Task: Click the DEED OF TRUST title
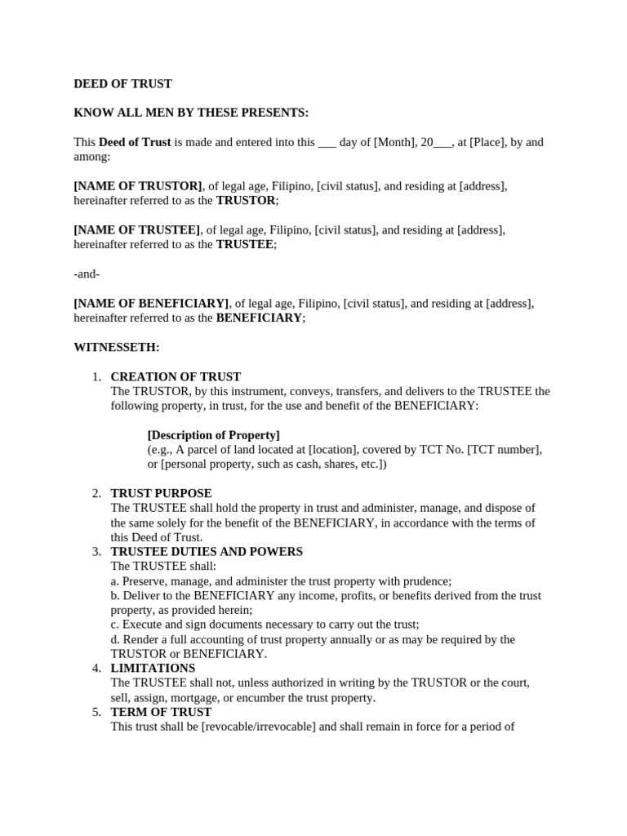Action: (122, 83)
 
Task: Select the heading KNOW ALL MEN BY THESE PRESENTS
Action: (191, 113)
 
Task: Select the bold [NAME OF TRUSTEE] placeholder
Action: (136, 230)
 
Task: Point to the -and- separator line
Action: (87, 273)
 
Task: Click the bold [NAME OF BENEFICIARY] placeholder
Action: (152, 304)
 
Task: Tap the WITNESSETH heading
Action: (117, 347)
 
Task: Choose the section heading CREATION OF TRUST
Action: (176, 377)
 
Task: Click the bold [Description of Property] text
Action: (213, 435)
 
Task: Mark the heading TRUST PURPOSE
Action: (161, 494)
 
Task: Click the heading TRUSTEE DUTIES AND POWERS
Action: (207, 552)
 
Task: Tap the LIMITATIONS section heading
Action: (153, 668)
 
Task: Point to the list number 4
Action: (96, 668)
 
